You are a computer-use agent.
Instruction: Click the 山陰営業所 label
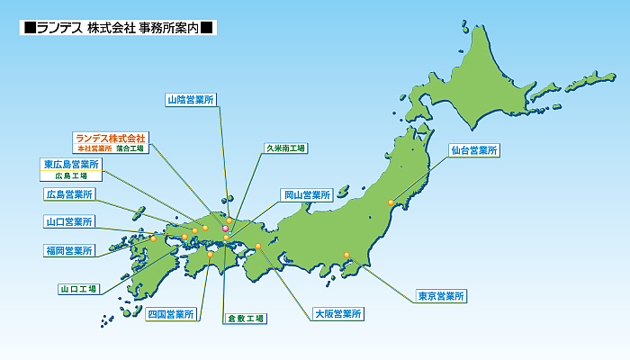click(x=192, y=100)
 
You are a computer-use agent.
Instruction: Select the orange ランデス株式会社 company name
click(x=111, y=138)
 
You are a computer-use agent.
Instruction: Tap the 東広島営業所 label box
click(x=71, y=165)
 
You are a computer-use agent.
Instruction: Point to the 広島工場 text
click(x=71, y=176)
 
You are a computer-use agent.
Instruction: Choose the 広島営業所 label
click(x=68, y=193)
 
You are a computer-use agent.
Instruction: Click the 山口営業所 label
click(x=68, y=221)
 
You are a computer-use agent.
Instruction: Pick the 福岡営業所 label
click(x=68, y=250)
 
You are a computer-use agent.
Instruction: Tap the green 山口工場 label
click(x=78, y=289)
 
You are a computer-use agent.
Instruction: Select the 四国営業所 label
click(x=171, y=314)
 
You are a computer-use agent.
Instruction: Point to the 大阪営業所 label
click(x=338, y=314)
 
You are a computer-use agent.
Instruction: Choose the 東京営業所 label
click(x=441, y=295)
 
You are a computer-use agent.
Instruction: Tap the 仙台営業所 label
click(x=473, y=150)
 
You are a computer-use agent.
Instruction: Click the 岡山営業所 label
click(x=307, y=193)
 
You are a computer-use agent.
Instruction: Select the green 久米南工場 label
click(x=285, y=147)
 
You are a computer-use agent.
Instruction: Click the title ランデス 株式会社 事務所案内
click(x=118, y=27)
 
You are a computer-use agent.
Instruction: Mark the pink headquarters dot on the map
click(x=225, y=229)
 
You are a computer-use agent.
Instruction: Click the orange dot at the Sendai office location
click(x=391, y=202)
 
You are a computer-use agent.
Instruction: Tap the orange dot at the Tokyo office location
click(x=346, y=255)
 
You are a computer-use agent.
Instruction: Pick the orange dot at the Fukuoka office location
click(x=154, y=238)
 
